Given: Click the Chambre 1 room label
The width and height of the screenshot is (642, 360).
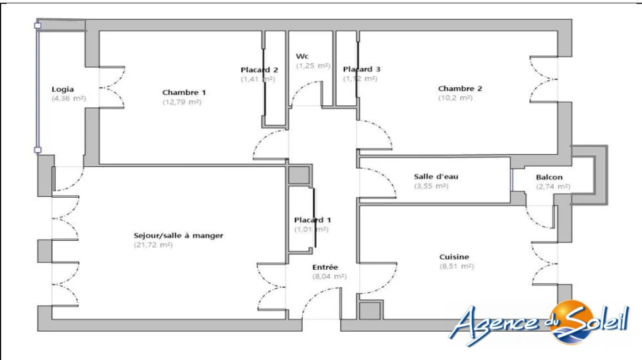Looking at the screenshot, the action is [x=184, y=93].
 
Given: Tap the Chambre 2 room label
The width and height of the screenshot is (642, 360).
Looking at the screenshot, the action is [x=460, y=88].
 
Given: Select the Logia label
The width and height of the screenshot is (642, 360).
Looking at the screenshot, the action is [x=63, y=89].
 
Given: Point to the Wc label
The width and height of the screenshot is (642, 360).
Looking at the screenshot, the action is [x=302, y=56].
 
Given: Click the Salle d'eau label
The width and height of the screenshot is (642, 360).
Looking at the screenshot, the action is [x=436, y=176].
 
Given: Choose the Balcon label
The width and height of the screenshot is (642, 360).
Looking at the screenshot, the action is [x=549, y=177].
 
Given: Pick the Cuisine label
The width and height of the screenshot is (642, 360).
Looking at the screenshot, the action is [x=454, y=257].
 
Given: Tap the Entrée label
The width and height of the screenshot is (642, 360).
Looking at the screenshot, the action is [x=325, y=267].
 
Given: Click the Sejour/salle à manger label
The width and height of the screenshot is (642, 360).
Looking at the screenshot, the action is [x=179, y=235].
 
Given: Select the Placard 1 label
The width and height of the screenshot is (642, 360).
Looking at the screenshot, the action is [x=312, y=220].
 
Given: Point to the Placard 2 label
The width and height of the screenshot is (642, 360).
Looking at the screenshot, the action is [x=259, y=70].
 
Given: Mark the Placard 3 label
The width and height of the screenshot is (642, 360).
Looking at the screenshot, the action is [x=362, y=69].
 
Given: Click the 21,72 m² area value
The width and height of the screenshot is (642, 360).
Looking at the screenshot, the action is [x=153, y=245].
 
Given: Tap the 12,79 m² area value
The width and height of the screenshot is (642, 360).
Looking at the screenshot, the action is [x=182, y=102].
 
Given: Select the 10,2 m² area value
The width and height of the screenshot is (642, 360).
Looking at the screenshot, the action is [x=455, y=98].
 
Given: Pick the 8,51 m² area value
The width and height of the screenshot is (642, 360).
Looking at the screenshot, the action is [x=456, y=266].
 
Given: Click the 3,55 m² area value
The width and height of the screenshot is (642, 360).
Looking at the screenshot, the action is [x=431, y=186].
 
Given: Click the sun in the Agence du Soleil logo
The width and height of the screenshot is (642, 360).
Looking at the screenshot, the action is [x=572, y=322].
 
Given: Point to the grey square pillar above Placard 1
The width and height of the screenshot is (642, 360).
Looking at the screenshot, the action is [x=299, y=176].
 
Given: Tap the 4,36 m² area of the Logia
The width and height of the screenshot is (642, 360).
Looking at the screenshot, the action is [x=69, y=98].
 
